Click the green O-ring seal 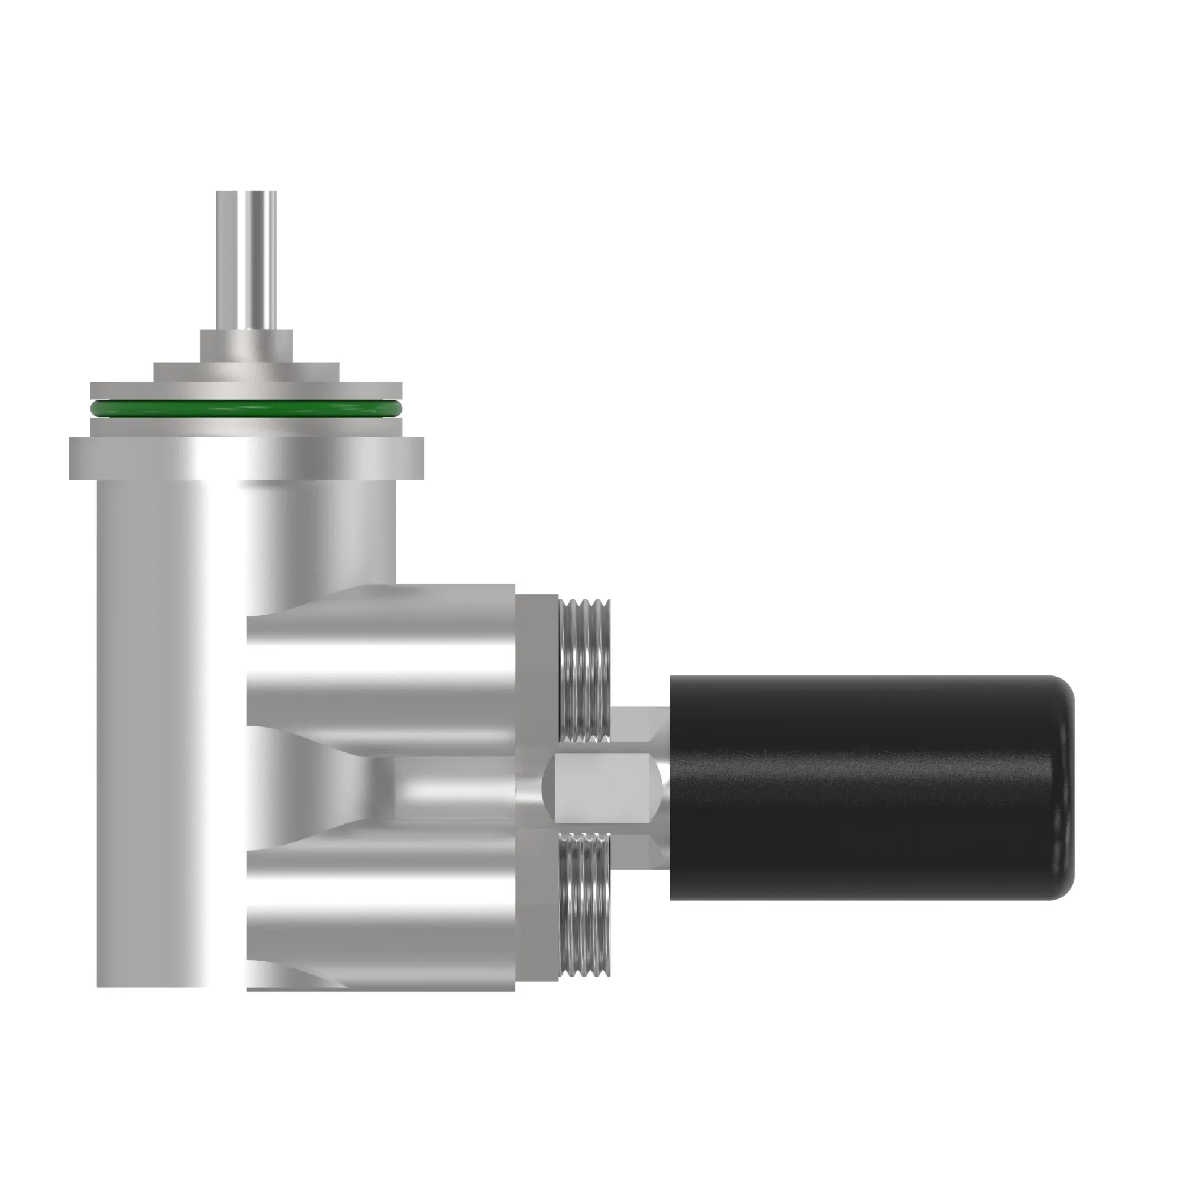246,408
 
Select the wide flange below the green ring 246,458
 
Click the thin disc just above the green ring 246,390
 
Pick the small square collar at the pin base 246,345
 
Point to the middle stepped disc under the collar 246,371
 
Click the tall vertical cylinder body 172,704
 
